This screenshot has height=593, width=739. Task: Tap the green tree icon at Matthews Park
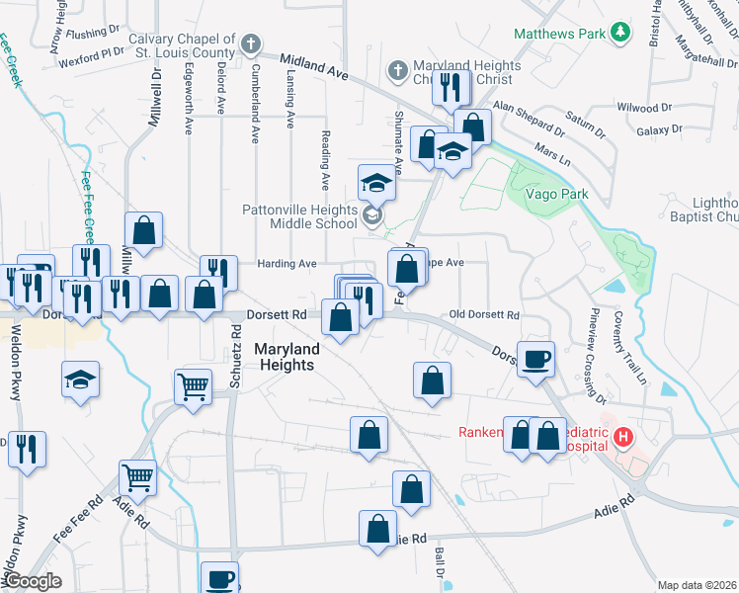pyautogui.click(x=620, y=33)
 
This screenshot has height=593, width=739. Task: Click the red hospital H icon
pyautogui.click(x=623, y=436)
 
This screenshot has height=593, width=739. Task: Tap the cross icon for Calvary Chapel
pyautogui.click(x=252, y=44)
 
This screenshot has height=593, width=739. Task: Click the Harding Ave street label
pyautogui.click(x=287, y=264)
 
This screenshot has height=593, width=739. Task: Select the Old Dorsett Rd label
pyautogui.click(x=484, y=314)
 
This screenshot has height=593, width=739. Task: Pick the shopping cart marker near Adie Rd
pyautogui.click(x=137, y=477)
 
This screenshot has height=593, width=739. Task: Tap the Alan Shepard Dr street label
pyautogui.click(x=531, y=119)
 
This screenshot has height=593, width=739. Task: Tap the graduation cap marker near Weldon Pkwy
pyautogui.click(x=80, y=379)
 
